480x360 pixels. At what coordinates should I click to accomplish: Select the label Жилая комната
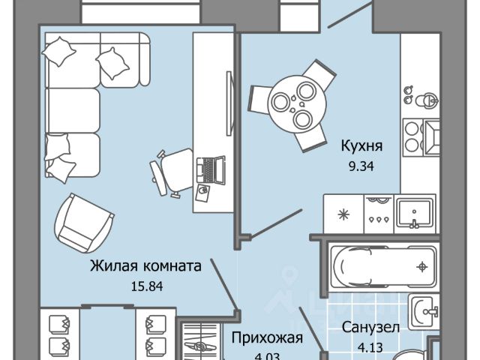click(145, 265)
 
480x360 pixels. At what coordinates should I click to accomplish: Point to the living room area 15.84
click(145, 285)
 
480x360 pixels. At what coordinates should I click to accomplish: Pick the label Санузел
click(370, 328)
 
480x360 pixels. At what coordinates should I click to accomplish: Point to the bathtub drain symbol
click(424, 265)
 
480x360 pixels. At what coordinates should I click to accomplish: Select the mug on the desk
click(203, 193)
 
